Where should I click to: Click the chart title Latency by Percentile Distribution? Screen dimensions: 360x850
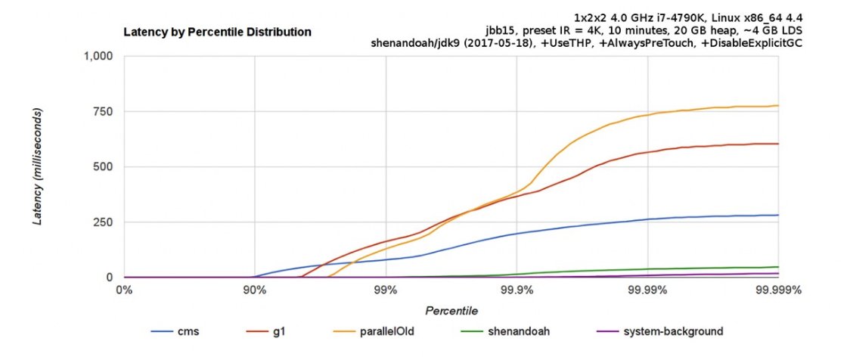pyautogui.click(x=217, y=32)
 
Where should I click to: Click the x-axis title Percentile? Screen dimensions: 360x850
pyautogui.click(x=451, y=311)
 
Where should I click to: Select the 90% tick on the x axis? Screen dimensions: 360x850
pyautogui.click(x=255, y=289)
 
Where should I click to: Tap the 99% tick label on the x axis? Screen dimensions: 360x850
pyautogui.click(x=386, y=289)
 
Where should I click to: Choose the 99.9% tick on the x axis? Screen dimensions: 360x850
pyautogui.click(x=517, y=289)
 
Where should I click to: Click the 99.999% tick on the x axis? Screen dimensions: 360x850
pyautogui.click(x=778, y=289)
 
